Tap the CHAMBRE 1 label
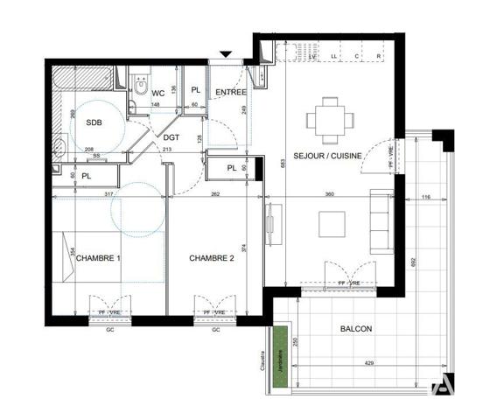point(98,259)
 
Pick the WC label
point(158,94)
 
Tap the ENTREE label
point(231,92)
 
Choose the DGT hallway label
point(171,136)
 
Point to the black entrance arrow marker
point(226,55)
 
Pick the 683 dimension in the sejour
point(283,162)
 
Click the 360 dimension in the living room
point(331,194)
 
